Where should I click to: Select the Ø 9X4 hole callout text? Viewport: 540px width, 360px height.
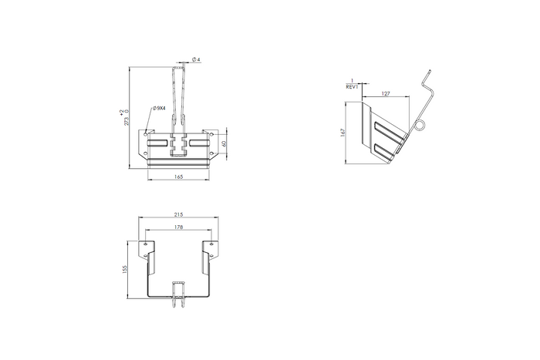pyautogui.click(x=160, y=108)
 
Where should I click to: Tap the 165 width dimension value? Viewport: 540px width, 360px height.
pyautogui.click(x=178, y=177)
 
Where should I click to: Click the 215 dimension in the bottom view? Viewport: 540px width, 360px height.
pyautogui.click(x=178, y=214)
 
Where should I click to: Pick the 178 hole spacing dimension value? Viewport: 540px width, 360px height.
pyautogui.click(x=178, y=227)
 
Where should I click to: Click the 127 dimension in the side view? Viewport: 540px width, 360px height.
pyautogui.click(x=386, y=93)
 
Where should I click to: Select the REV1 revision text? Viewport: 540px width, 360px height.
pyautogui.click(x=353, y=88)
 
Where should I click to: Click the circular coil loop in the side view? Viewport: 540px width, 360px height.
pyautogui.click(x=420, y=126)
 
